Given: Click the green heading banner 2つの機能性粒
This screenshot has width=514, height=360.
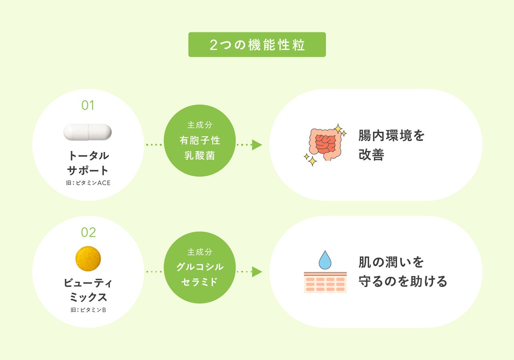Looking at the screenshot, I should coord(257,45).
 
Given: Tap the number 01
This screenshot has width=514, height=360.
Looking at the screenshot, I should coord(88,106).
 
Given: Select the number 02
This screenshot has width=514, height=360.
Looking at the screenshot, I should coord(88,232).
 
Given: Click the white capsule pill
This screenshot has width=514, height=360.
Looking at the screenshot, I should coord(88,132).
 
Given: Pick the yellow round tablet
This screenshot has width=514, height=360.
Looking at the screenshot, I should coord(88,259).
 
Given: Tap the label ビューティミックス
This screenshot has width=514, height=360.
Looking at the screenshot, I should coord(88,290).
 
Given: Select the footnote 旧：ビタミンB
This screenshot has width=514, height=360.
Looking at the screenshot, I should coord(88,310).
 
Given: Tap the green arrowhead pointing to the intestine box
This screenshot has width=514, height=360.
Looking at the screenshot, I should coord(257,145).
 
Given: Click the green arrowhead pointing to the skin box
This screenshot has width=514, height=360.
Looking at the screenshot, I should coord(257,272).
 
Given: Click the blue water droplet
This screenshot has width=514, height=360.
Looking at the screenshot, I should coord(325,260).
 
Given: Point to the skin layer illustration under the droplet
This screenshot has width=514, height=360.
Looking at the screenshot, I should coord(325,282).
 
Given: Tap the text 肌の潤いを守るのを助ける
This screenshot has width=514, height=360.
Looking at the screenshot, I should coord(402,272).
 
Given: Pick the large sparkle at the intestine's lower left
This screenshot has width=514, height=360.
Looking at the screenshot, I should coord(312,161).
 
